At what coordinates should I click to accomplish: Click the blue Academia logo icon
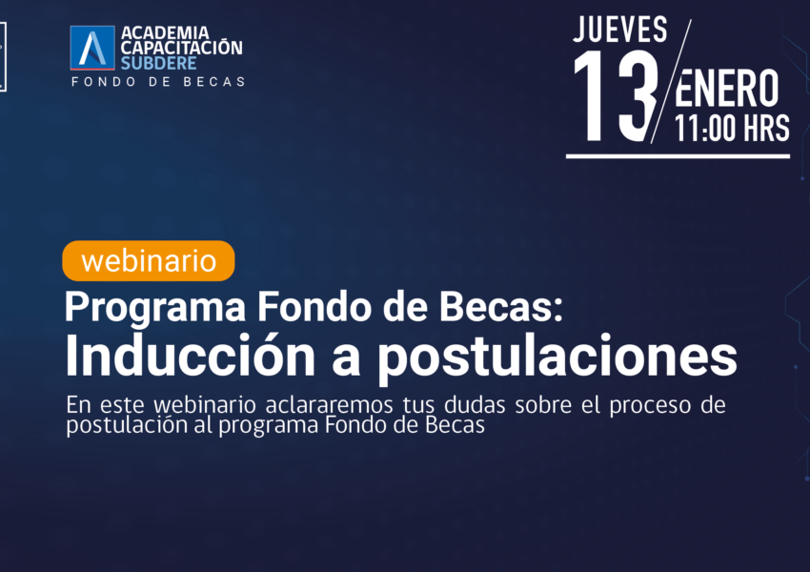pos(92,48)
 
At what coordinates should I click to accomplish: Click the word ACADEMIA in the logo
pos(165,32)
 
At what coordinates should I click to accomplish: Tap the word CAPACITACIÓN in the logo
pos(181,47)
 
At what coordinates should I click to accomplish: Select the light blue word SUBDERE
pos(158,63)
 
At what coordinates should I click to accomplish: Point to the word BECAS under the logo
pos(214,82)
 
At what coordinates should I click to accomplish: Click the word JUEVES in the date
pos(620,30)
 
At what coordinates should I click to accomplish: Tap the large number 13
pos(615,95)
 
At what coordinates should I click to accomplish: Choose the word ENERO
pos(727,89)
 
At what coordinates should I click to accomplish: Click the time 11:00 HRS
pos(732,128)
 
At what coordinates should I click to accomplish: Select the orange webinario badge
pos(149,261)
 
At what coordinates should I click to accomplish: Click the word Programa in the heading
pos(155,308)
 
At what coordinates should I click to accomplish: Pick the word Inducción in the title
pos(190,356)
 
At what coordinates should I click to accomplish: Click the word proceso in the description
pos(650,405)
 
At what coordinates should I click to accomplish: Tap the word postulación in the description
pos(127,426)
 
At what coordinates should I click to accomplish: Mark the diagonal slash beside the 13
pos(671,81)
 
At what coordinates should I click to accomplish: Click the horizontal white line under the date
pos(678,156)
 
